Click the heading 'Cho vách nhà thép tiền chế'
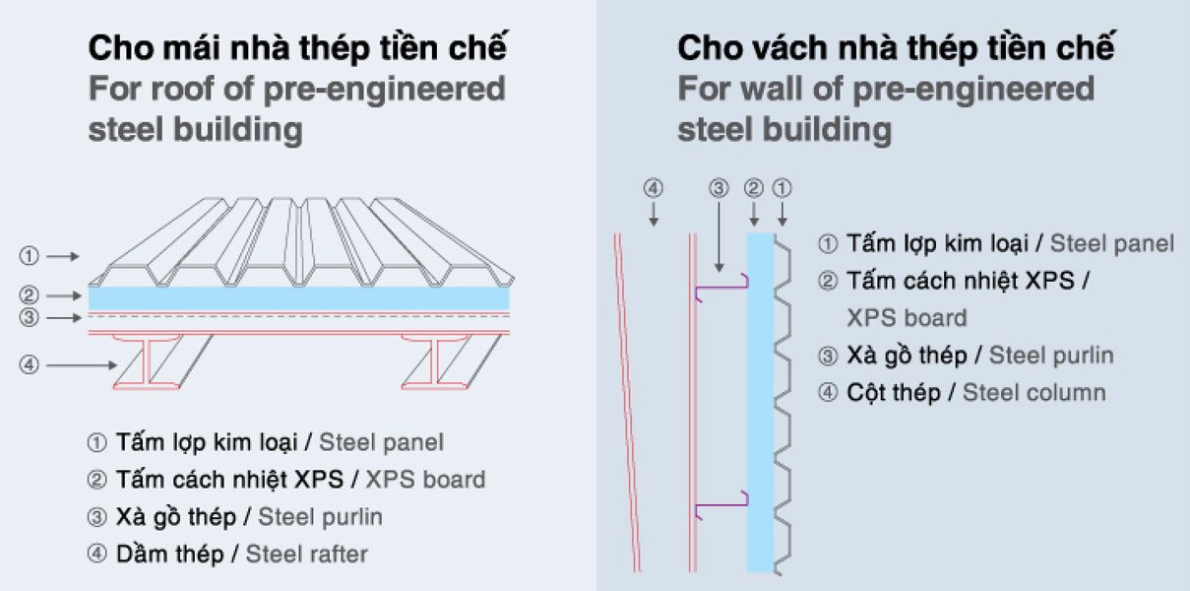(x=896, y=46)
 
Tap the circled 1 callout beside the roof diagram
(x=30, y=257)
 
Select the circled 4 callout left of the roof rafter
(x=30, y=364)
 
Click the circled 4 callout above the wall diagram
(x=654, y=186)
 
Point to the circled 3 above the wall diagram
(x=720, y=186)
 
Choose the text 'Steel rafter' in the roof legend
(x=306, y=554)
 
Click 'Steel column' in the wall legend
(x=1033, y=392)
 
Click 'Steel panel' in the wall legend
(x=1112, y=243)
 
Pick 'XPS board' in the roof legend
(x=425, y=480)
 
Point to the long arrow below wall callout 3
(x=720, y=236)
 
